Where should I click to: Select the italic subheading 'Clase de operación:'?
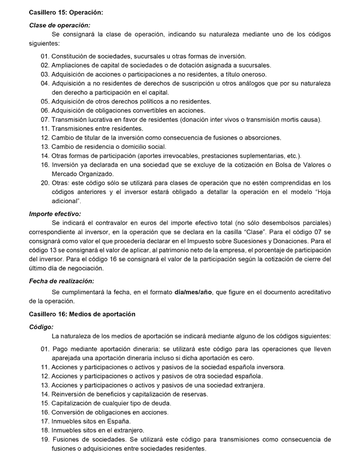pos(60,25)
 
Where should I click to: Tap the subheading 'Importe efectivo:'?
pos(55,214)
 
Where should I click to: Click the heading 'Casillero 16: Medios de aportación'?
pos(82,314)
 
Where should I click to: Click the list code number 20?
pos(45,183)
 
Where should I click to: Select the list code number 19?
pos(45,440)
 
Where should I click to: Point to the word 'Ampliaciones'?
pos(72,65)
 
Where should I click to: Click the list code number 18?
pos(45,430)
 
